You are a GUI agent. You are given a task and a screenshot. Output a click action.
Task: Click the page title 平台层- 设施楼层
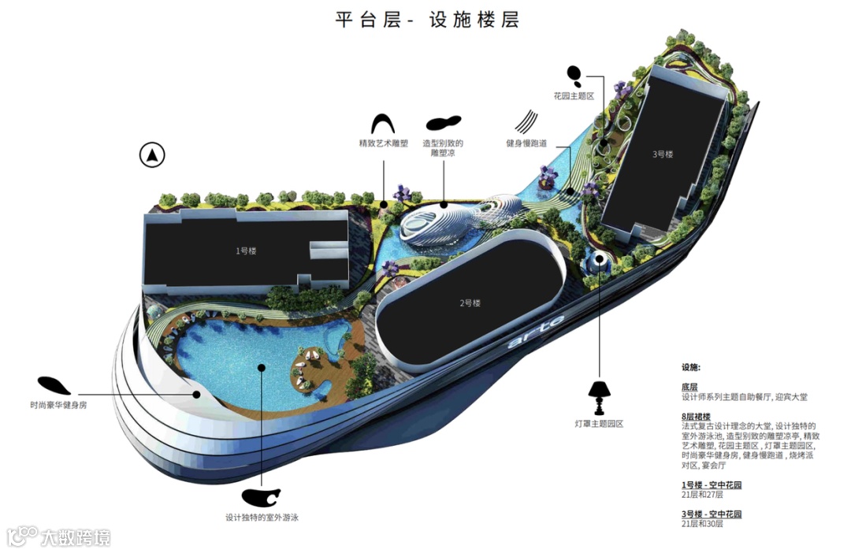pyautogui.click(x=427, y=20)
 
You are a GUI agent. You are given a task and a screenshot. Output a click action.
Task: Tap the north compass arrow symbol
pyautogui.click(x=152, y=155)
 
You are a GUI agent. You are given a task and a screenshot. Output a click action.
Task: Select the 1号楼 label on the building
pyautogui.click(x=246, y=251)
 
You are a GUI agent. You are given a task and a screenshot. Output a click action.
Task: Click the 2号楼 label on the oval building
pyautogui.click(x=470, y=302)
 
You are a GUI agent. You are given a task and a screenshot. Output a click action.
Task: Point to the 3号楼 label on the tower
pyautogui.click(x=663, y=154)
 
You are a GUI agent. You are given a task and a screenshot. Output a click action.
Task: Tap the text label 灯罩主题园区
pyautogui.click(x=599, y=424)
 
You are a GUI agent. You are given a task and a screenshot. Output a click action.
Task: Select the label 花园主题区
pyautogui.click(x=573, y=96)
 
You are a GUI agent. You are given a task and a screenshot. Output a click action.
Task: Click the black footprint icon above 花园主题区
pyautogui.click(x=575, y=76)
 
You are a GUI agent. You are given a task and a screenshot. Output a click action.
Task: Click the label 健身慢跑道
pyautogui.click(x=527, y=143)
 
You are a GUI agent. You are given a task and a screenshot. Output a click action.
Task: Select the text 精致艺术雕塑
pyautogui.click(x=383, y=143)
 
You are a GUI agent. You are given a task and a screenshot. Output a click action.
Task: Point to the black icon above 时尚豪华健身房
pyautogui.click(x=54, y=385)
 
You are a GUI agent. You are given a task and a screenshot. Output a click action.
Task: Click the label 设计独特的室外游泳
pyautogui.click(x=262, y=518)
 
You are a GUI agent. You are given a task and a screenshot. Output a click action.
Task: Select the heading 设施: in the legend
pyautogui.click(x=691, y=367)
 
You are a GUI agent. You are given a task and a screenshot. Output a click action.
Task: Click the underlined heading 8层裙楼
pyautogui.click(x=696, y=416)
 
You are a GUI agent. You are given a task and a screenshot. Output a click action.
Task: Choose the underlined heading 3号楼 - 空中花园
pyautogui.click(x=712, y=514)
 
